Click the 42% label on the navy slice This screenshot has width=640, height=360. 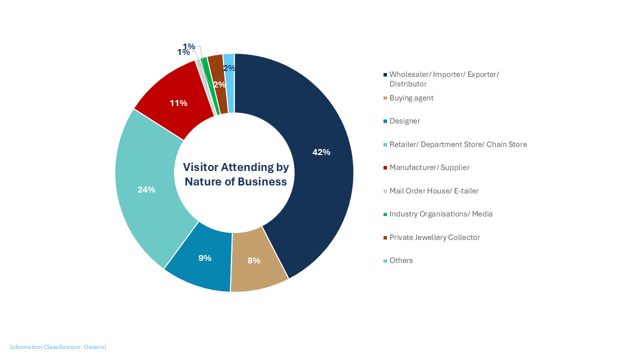click(x=321, y=152)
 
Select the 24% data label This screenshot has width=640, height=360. click(x=146, y=189)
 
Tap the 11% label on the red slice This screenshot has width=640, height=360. click(x=178, y=103)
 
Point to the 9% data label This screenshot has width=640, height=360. click(x=204, y=258)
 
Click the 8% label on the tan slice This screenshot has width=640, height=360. click(x=253, y=260)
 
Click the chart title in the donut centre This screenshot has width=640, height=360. click(x=235, y=174)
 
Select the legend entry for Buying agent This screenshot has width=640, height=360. click(x=411, y=98)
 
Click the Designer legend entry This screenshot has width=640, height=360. click(x=404, y=121)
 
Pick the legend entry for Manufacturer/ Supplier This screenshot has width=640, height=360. click(x=429, y=167)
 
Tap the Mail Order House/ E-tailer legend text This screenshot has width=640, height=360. click(x=433, y=190)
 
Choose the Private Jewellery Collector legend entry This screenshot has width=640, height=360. click(x=434, y=237)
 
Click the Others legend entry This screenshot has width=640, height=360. click(x=401, y=260)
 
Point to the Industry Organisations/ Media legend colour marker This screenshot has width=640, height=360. click(x=385, y=214)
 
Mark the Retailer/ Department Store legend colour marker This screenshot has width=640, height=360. click(x=385, y=145)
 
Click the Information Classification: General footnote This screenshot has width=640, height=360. click(x=58, y=347)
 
